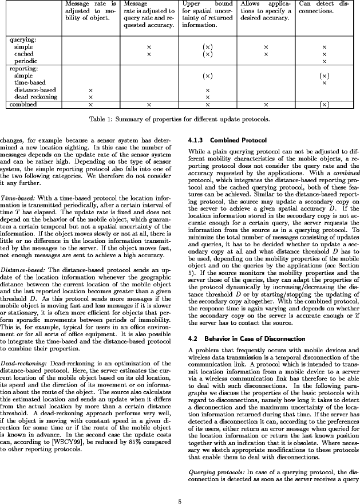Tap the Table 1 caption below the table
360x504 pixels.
(x=180, y=120)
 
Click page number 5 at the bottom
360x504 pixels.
(x=180, y=487)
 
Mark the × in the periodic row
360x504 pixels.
(x=324, y=61)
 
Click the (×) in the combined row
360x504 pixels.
(x=324, y=105)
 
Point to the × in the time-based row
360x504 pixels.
(x=324, y=83)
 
